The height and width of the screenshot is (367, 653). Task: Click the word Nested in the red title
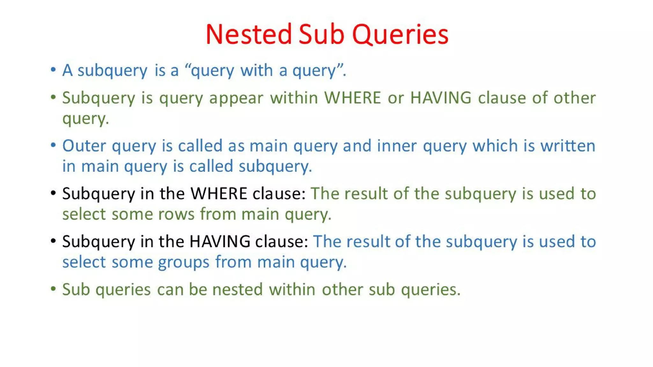pyautogui.click(x=249, y=34)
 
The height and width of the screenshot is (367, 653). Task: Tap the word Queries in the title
pyautogui.click(x=400, y=34)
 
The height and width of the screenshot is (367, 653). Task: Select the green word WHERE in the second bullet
pyautogui.click(x=353, y=97)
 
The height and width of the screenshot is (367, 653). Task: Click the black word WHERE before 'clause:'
pyautogui.click(x=219, y=193)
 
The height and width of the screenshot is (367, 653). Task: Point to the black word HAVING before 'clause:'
pyautogui.click(x=220, y=241)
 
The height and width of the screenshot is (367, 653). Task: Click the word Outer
pyautogui.click(x=84, y=146)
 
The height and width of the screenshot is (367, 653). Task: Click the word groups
pyautogui.click(x=184, y=262)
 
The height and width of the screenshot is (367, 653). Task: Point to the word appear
pyautogui.click(x=236, y=98)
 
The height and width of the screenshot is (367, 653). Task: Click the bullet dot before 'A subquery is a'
pyautogui.click(x=53, y=69)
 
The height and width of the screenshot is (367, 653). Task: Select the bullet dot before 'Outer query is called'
pyautogui.click(x=53, y=145)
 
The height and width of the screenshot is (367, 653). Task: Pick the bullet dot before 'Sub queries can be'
pyautogui.click(x=53, y=289)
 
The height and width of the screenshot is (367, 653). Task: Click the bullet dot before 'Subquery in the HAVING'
pyautogui.click(x=53, y=241)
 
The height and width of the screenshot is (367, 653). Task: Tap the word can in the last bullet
pyautogui.click(x=170, y=290)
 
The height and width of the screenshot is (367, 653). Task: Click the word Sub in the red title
pyautogui.click(x=322, y=34)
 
